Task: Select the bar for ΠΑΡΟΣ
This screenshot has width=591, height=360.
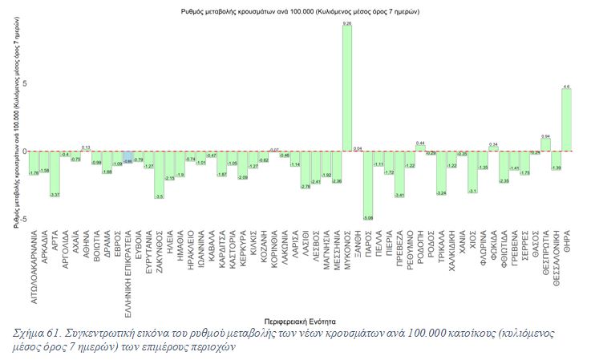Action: tap(368, 184)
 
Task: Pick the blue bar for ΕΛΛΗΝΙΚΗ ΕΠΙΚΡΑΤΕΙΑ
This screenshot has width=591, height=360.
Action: tap(128, 157)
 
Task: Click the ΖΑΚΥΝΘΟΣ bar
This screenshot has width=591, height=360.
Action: tap(160, 174)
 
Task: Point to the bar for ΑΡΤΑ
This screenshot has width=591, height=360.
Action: tap(55, 173)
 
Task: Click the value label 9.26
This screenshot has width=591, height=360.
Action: tap(347, 24)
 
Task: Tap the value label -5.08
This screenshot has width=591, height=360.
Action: tap(368, 217)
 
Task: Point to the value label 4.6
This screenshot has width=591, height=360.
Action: tap(566, 86)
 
